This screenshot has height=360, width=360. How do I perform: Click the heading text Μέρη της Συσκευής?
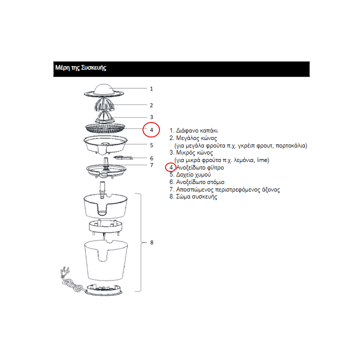[80, 68]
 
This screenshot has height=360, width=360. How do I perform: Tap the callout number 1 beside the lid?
[151, 88]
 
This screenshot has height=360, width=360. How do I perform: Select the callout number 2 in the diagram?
[151, 105]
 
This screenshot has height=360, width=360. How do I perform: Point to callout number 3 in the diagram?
[151, 117]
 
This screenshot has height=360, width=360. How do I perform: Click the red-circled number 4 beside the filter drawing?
[151, 130]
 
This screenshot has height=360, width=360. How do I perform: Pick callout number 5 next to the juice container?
[151, 145]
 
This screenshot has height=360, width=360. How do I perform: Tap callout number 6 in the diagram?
[151, 158]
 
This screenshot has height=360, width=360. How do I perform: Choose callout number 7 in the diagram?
[151, 165]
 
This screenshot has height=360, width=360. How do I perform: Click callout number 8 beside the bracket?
[152, 242]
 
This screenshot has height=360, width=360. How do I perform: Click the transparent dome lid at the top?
[104, 90]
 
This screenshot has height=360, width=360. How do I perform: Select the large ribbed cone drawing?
[104, 104]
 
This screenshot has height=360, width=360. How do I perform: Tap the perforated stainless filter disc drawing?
[105, 128]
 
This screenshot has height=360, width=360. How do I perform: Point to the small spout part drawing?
[123, 157]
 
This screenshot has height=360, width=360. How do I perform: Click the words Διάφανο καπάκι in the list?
[197, 130]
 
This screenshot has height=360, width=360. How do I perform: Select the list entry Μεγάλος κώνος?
[196, 138]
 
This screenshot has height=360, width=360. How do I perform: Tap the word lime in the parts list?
[263, 160]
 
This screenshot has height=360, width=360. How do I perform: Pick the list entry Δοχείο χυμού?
[193, 174]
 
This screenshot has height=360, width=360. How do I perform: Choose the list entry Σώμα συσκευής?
[196, 197]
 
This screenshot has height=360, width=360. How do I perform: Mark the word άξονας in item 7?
[270, 189]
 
